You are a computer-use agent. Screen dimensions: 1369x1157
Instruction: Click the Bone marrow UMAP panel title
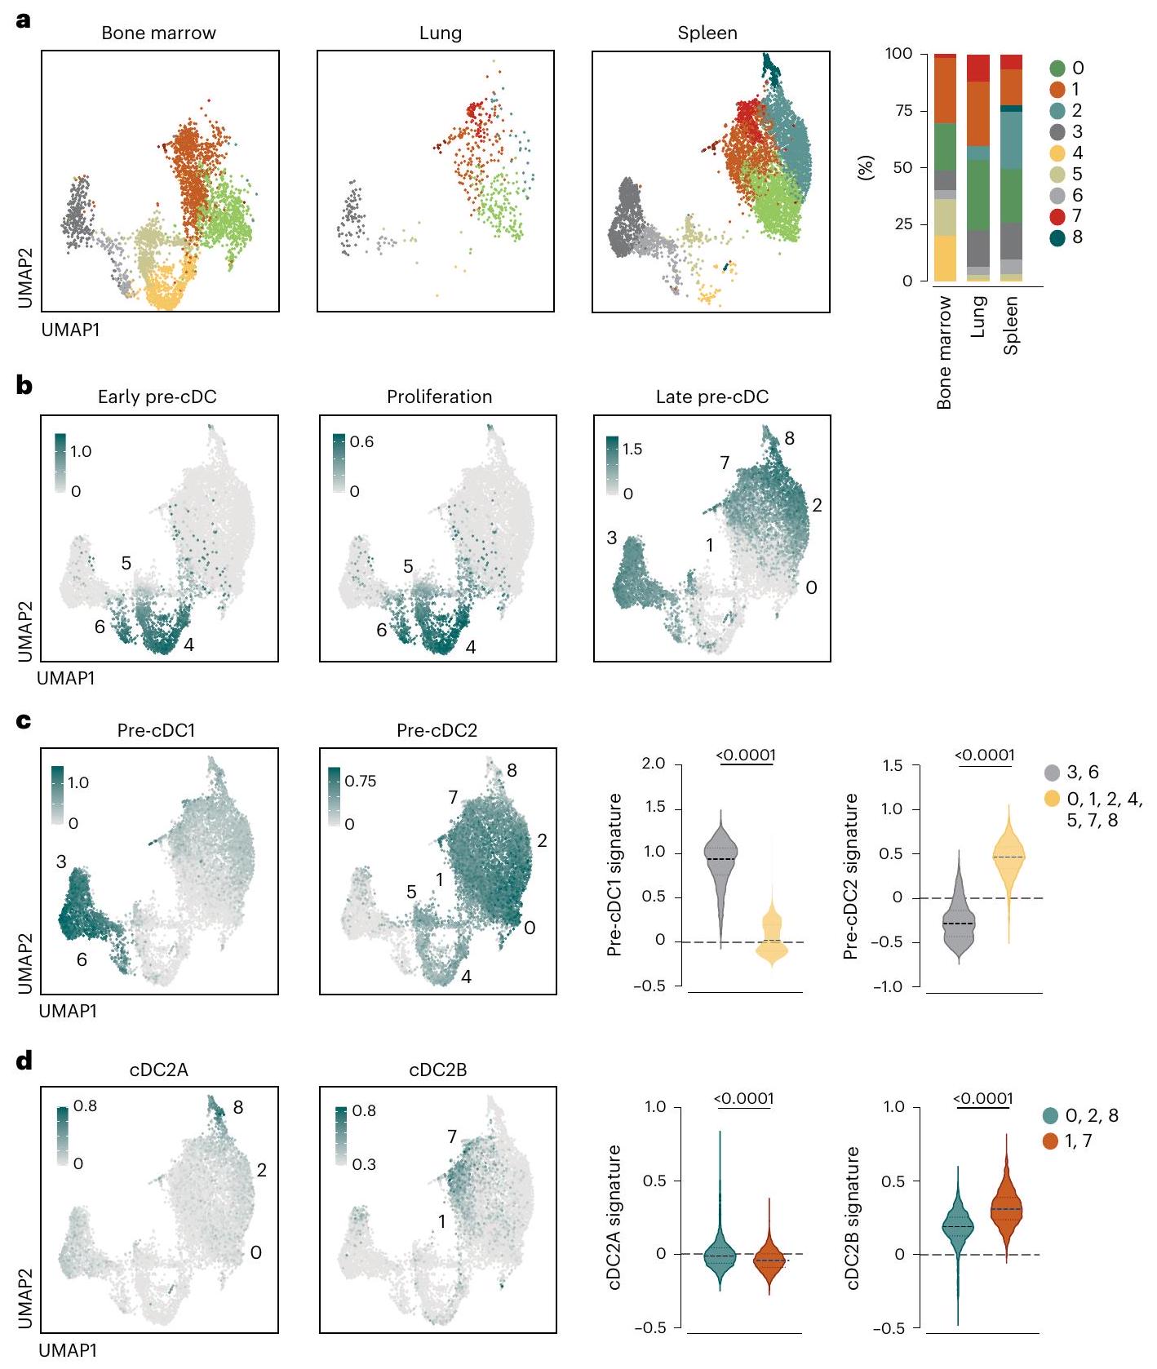tap(158, 33)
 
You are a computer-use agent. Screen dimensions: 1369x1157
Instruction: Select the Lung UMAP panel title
tap(440, 33)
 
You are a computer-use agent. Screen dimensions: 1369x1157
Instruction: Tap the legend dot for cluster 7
tap(1057, 216)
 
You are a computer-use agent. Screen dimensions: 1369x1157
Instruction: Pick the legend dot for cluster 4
tap(1057, 153)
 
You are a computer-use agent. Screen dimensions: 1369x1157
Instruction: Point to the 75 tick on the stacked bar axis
tap(902, 111)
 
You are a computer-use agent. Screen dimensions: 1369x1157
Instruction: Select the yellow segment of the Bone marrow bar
tap(945, 258)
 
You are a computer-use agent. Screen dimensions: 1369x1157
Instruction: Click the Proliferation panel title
tap(439, 397)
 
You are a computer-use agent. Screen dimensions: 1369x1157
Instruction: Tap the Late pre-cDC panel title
tap(711, 397)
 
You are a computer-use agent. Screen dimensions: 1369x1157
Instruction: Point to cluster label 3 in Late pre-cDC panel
tap(611, 538)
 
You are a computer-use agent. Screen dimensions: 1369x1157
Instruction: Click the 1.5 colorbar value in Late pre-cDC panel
tap(632, 449)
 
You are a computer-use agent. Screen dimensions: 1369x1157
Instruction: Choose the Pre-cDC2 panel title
tap(437, 730)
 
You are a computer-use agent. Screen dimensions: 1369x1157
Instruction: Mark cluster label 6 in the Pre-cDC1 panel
tap(82, 959)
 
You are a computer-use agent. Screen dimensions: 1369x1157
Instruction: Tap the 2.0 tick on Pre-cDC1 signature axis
tap(654, 764)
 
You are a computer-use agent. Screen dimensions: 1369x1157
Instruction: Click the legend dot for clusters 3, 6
tap(1053, 773)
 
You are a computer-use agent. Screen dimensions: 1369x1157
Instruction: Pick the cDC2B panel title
tap(437, 1070)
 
